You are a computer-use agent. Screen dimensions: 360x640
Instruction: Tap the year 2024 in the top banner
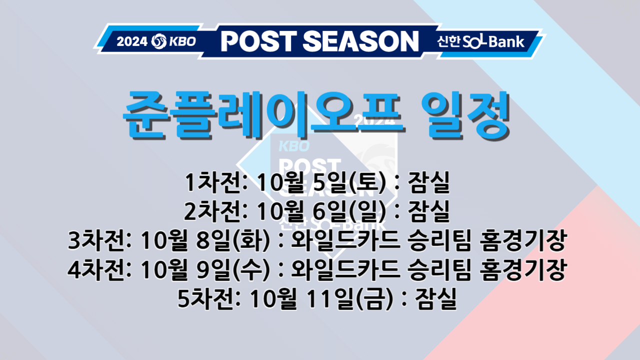point(132,41)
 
